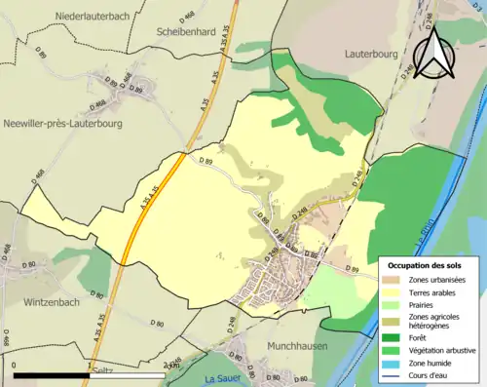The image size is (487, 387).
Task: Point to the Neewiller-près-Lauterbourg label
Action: click(63, 124)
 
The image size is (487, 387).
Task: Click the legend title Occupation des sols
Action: click(425, 265)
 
